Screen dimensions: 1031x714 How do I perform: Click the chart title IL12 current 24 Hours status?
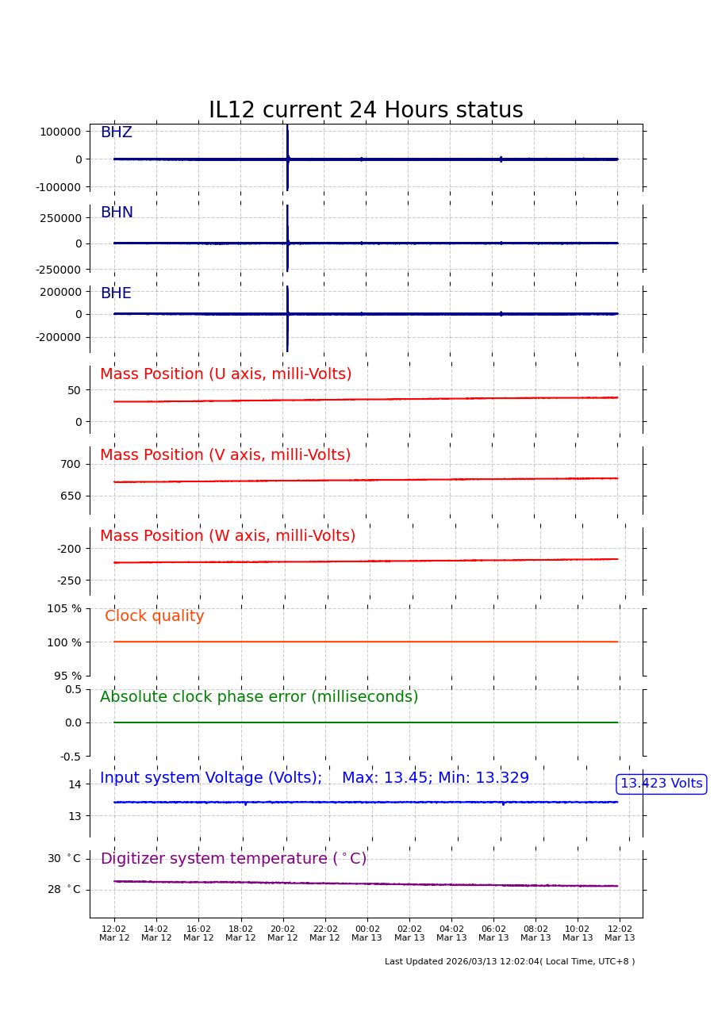click(x=366, y=111)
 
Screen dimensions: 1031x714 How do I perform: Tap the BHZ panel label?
click(x=116, y=132)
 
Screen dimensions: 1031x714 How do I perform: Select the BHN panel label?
click(x=117, y=213)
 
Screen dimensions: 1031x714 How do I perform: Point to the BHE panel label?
click(x=116, y=293)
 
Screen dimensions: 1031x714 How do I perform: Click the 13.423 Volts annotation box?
click(x=661, y=784)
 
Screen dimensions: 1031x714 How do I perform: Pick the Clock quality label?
click(x=155, y=616)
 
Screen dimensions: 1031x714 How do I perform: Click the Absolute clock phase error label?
click(x=259, y=697)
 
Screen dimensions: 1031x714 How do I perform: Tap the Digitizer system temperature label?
click(x=233, y=859)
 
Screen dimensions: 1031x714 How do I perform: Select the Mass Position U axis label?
click(x=225, y=374)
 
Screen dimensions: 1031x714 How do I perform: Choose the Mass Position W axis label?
click(x=228, y=536)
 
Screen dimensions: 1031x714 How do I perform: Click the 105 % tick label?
click(x=64, y=608)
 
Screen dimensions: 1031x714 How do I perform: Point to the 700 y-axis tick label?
click(x=71, y=464)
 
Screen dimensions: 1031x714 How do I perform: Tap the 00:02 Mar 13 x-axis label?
click(x=367, y=933)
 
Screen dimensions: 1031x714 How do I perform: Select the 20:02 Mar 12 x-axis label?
click(x=282, y=933)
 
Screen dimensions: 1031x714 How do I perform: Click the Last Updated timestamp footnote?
click(x=509, y=962)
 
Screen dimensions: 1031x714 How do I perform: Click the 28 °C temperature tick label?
click(x=64, y=890)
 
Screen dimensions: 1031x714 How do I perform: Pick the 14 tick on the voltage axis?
click(x=75, y=784)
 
